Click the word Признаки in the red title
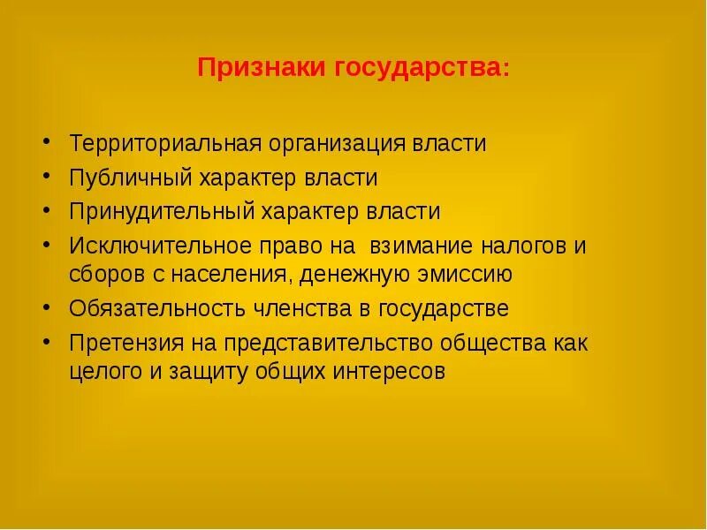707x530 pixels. click(260, 69)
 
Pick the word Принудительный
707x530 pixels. click(163, 212)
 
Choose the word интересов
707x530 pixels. click(388, 371)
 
